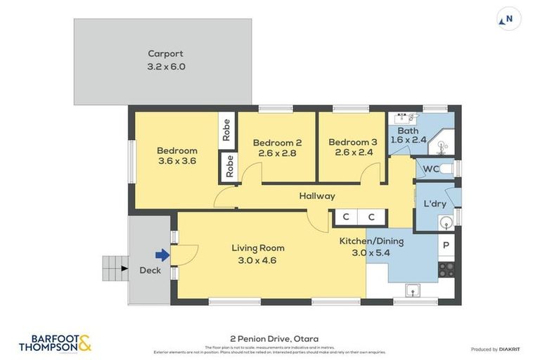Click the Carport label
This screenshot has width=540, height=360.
pyautogui.click(x=165, y=53)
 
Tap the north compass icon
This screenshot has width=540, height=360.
pyautogui.click(x=508, y=19)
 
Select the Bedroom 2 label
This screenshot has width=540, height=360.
pyautogui.click(x=276, y=143)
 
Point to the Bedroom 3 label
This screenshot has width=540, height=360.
pyautogui.click(x=352, y=142)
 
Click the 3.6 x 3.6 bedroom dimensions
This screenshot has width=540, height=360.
pyautogui.click(x=176, y=161)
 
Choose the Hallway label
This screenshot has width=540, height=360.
pyautogui.click(x=316, y=196)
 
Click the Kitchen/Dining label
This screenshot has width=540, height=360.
pyautogui.click(x=371, y=241)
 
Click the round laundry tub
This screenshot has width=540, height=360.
pyautogui.click(x=445, y=222)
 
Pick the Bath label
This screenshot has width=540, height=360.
pyautogui.click(x=408, y=131)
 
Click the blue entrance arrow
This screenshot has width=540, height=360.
pyautogui.click(x=162, y=255)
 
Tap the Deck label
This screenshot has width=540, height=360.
pyautogui.click(x=149, y=270)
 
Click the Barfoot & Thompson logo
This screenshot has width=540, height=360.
pyautogui.click(x=55, y=342)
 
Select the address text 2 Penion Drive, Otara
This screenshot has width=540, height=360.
pyautogui.click(x=274, y=338)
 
